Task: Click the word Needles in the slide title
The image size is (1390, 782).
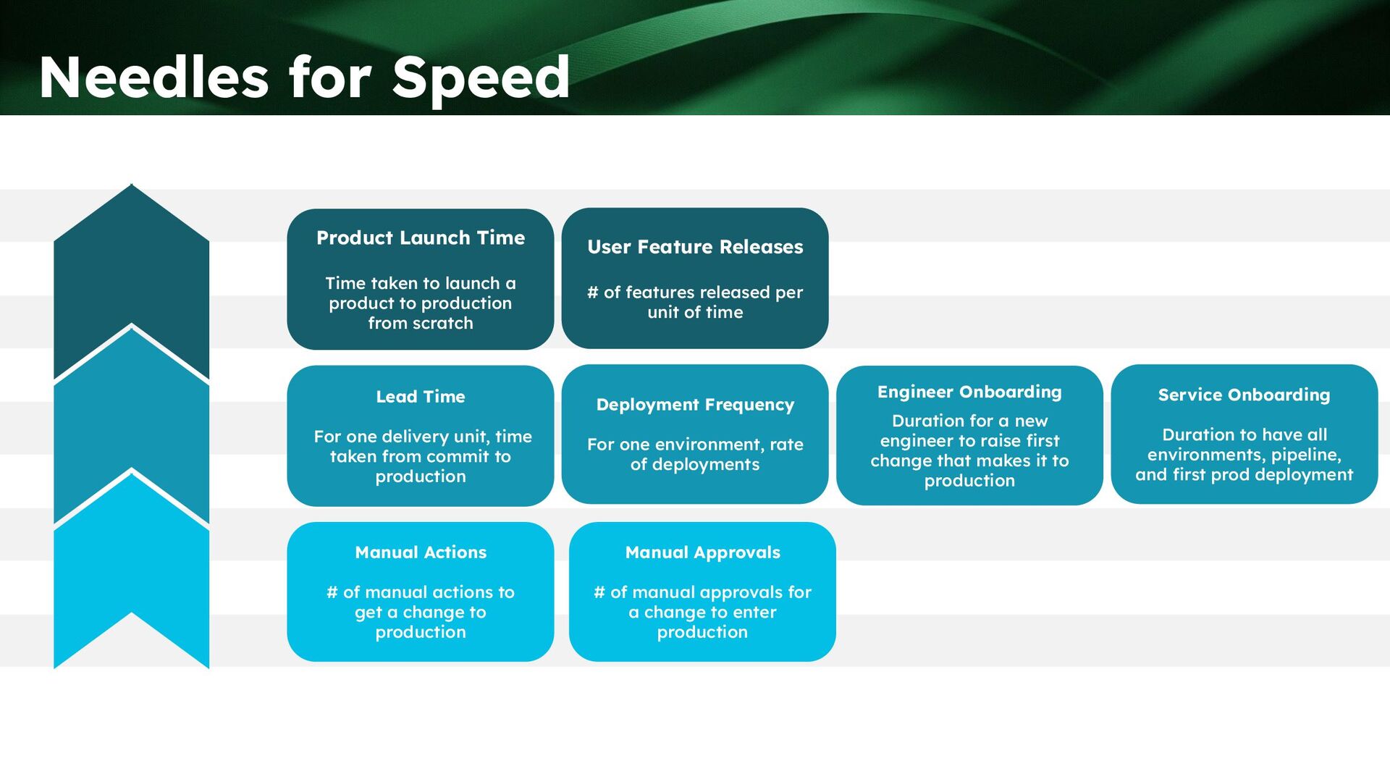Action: [153, 77]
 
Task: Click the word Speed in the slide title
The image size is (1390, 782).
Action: [481, 79]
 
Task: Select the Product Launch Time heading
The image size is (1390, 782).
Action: [421, 237]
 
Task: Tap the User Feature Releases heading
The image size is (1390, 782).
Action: [695, 247]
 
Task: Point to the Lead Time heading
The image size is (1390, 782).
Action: [421, 397]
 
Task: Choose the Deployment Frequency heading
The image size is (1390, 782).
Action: [695, 405]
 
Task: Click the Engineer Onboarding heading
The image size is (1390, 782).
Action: [969, 392]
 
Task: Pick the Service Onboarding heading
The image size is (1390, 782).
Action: [1244, 395]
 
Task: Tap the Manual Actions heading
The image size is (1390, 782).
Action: [421, 552]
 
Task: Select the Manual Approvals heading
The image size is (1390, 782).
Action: [702, 552]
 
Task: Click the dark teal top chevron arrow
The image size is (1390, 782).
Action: [131, 275]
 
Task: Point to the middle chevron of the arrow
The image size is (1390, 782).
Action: [131, 420]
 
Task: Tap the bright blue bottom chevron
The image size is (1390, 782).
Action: [131, 565]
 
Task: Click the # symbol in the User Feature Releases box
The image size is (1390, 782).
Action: [593, 293]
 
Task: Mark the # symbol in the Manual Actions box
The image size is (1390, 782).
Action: [332, 592]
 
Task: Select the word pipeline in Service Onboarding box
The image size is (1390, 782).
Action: [1306, 455]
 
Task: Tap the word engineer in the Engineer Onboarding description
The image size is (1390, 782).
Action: [913, 441]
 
